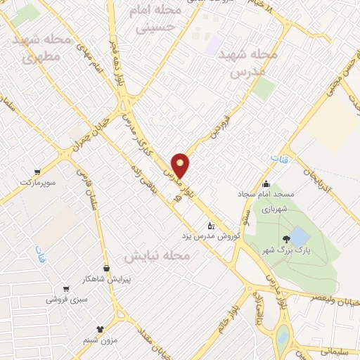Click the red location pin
click(181, 165)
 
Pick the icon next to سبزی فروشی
click(66, 289)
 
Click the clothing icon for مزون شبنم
click(100, 328)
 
